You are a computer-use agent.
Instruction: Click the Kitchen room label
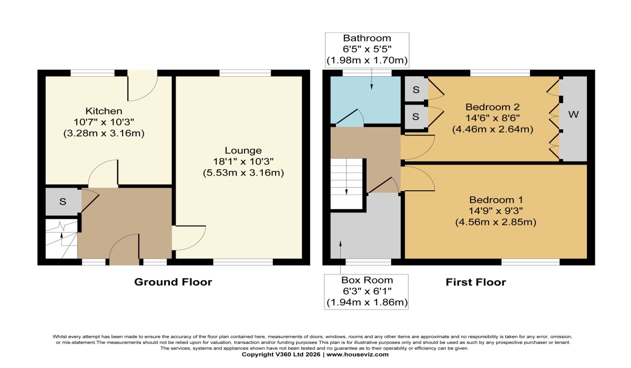pos(104,111)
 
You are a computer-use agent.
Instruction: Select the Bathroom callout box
pos(367,49)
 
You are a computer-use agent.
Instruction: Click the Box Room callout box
pos(367,291)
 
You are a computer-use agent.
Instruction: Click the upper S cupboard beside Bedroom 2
pos(416,89)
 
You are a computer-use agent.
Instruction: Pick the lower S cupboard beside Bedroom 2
pos(416,116)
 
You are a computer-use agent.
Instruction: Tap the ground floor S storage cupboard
pos(62,202)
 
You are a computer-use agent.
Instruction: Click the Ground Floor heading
pos(173,282)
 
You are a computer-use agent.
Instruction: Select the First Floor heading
pos(476,282)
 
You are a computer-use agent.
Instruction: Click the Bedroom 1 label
pos(495,200)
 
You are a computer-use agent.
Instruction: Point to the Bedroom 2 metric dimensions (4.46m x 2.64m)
pos(493,129)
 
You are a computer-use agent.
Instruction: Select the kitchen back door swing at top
pos(143,87)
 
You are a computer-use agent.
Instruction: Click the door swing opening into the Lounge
pos(188,238)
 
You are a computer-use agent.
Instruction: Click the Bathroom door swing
pos(350,118)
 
